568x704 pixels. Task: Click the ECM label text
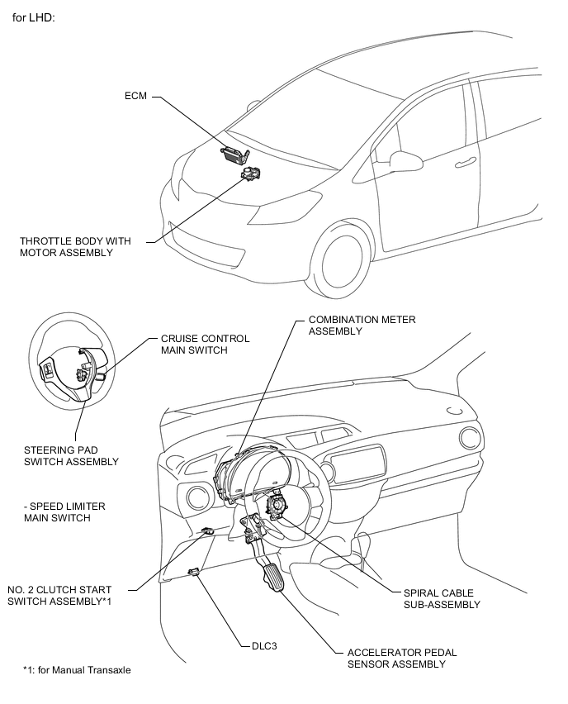tap(135, 96)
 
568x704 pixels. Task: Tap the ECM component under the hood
tap(235, 154)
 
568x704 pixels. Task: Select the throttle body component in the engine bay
tap(251, 173)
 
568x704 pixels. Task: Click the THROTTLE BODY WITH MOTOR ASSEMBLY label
tap(75, 247)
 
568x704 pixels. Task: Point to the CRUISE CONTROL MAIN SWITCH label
tap(205, 345)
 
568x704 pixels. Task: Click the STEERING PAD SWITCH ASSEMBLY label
tap(71, 456)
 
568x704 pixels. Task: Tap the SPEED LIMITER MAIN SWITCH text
tap(64, 511)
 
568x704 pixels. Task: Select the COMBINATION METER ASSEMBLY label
tap(362, 326)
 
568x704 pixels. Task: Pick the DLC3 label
tap(264, 646)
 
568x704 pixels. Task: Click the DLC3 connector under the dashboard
tap(194, 572)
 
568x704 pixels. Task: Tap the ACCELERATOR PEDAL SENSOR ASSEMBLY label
tap(402, 659)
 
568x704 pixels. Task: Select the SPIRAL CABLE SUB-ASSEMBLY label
tap(442, 598)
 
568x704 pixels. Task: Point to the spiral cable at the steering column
tap(277, 506)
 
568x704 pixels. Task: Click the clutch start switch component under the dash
tap(207, 531)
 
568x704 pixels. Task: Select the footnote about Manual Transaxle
tap(77, 670)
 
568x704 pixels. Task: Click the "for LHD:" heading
tap(34, 18)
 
